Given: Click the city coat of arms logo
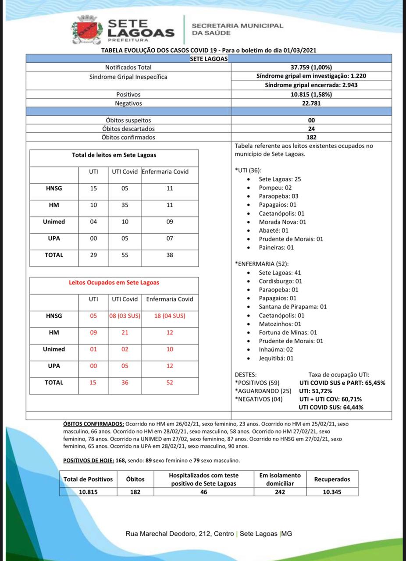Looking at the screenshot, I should (x=87, y=30).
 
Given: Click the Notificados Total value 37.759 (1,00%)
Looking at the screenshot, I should (x=311, y=67).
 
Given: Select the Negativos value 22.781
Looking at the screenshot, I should (x=311, y=103).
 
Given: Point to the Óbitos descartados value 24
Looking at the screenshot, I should (x=311, y=129).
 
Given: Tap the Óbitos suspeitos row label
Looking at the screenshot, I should (x=128, y=120).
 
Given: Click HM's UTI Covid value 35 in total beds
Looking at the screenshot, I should (x=125, y=205).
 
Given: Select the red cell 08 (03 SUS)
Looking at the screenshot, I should (x=125, y=316).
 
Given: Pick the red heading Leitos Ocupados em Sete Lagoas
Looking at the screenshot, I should (x=114, y=283).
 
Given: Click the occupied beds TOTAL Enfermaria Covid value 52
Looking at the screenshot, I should (x=170, y=383).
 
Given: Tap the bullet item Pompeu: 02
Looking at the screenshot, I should (x=275, y=188).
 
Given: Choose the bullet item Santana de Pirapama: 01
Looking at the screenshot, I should (x=292, y=307).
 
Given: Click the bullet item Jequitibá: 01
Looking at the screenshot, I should (x=276, y=358).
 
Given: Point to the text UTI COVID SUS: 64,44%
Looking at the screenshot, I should (x=331, y=408).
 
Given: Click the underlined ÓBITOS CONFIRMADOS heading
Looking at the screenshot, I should (x=93, y=424).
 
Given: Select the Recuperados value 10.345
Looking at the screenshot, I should (x=332, y=492).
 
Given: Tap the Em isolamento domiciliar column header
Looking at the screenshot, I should (x=280, y=479).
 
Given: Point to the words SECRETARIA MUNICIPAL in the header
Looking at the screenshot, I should (x=237, y=26).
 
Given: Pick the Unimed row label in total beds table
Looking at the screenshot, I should (x=54, y=222).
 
